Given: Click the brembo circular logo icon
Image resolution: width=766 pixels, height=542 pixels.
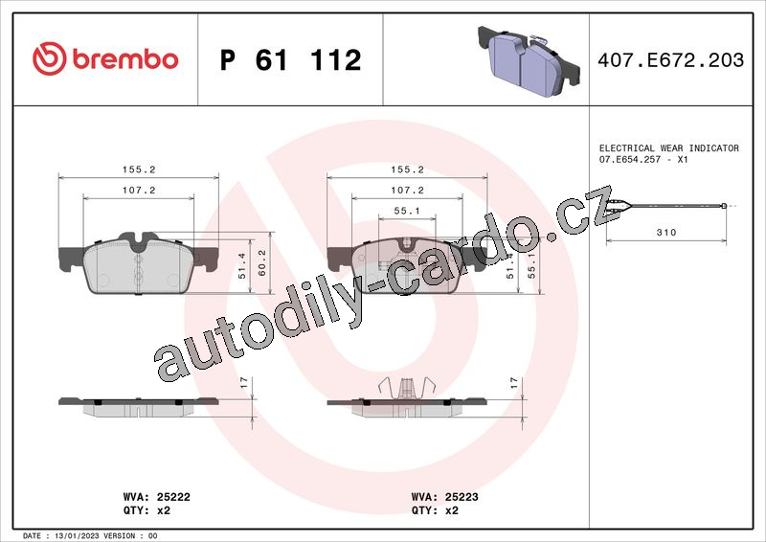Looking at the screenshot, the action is click(50, 58).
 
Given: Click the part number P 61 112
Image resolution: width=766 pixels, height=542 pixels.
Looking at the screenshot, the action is click(291, 60).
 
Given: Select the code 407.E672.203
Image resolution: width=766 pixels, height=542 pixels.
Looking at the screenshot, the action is click(671, 59).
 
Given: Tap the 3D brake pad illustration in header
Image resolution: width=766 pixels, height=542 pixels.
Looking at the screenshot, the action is click(529, 60).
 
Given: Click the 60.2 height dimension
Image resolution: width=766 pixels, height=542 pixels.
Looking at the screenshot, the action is click(261, 263).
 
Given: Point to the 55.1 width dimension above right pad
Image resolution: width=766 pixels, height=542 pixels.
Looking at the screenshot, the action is click(407, 211).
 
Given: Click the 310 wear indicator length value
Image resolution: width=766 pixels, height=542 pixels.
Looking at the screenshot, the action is click(666, 232).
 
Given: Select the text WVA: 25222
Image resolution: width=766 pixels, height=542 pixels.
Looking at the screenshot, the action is click(156, 497).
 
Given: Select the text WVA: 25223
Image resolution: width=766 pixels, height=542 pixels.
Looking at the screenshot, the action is click(444, 497).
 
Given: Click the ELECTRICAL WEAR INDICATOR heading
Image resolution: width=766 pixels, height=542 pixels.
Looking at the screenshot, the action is click(668, 147).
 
